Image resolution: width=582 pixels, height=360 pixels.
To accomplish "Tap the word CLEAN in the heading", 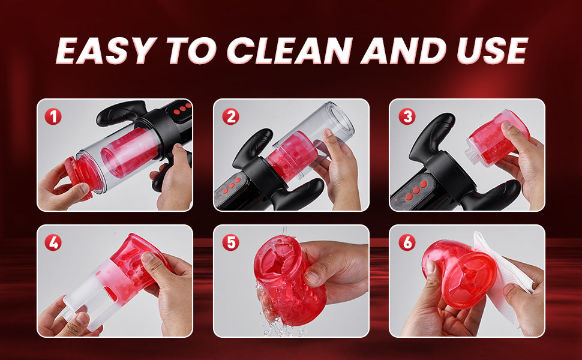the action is (x=290, y=50).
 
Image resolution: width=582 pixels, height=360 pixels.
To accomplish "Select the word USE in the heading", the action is (x=492, y=50).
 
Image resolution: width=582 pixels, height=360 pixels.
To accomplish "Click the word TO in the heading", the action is (x=191, y=50).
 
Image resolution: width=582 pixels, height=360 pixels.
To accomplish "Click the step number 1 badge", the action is (x=53, y=117).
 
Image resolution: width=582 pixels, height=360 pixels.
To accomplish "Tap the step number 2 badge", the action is (x=230, y=117).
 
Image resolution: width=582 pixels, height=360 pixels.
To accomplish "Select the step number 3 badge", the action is (x=407, y=117).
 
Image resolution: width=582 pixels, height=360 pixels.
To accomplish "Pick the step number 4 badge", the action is (x=53, y=243).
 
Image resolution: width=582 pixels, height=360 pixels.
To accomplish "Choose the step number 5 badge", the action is (x=230, y=243).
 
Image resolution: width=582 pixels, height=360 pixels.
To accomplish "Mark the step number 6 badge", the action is (x=407, y=243).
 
